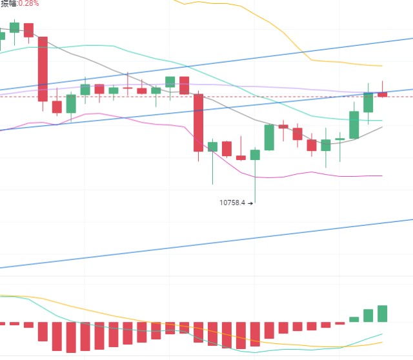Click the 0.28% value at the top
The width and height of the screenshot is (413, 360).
(28, 3)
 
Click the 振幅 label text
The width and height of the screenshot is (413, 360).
(8, 3)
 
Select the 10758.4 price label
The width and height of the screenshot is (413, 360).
(232, 203)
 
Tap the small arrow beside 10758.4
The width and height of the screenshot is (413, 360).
(250, 203)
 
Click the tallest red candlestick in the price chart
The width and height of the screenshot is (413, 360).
(43, 68)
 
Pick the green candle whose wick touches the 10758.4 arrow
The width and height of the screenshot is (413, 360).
(255, 155)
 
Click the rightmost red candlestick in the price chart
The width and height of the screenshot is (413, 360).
(382, 94)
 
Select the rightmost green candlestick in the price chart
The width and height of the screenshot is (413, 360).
(368, 103)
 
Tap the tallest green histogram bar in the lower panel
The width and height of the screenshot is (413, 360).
(382, 314)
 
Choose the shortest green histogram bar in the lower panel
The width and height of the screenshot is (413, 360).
(354, 319)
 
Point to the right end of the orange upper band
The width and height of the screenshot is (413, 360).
(381, 66)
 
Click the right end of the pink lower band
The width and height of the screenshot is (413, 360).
(381, 175)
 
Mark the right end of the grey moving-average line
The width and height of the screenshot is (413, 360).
(381, 127)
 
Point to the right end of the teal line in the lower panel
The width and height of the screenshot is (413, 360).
(382, 335)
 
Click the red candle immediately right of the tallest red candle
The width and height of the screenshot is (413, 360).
(57, 107)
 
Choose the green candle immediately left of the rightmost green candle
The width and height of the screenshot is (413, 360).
(354, 125)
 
